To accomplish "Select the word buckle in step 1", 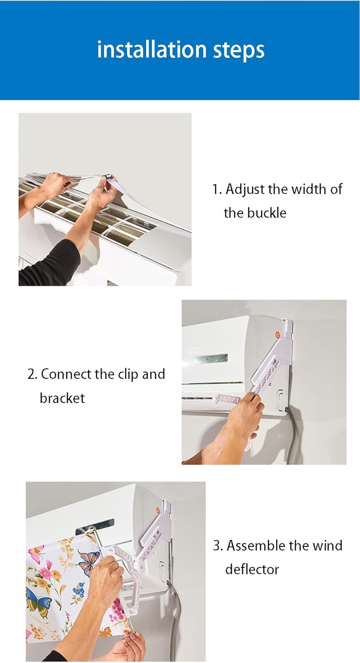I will tap(266, 213).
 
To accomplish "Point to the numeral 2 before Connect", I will tap(30, 374).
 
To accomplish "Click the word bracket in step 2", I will tap(62, 398).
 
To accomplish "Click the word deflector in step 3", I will tap(252, 569).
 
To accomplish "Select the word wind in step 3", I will tap(327, 546).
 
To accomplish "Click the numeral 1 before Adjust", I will tap(215, 190).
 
